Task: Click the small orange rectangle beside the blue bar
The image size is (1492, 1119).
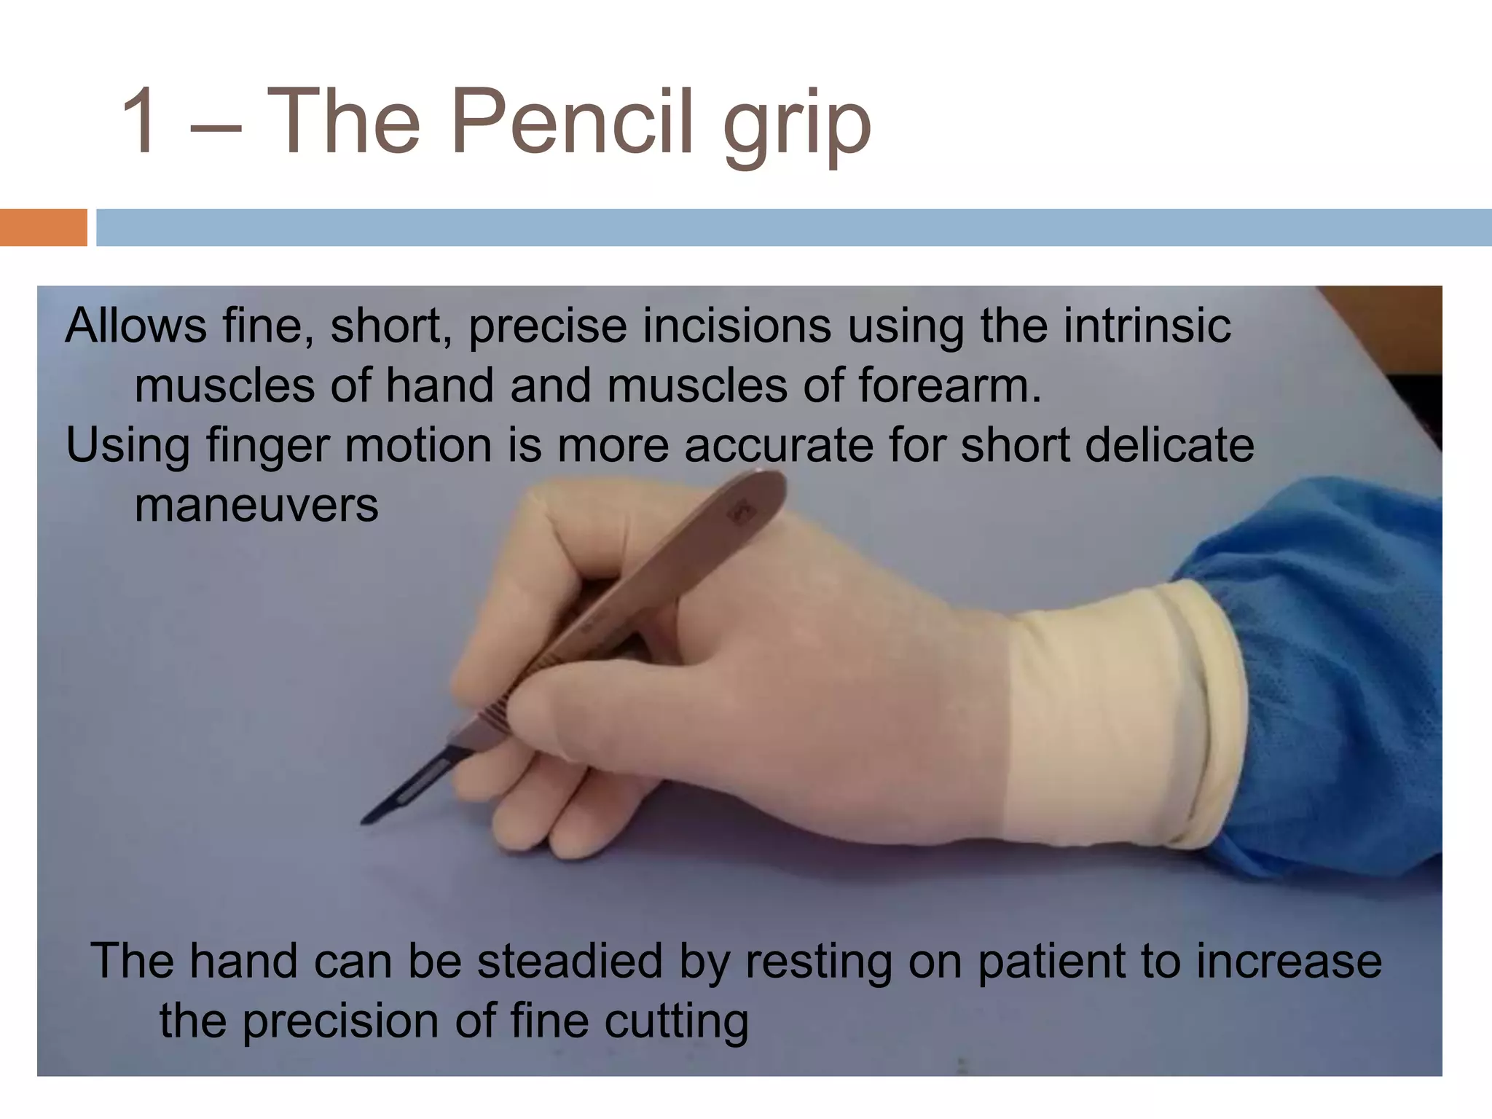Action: point(43,227)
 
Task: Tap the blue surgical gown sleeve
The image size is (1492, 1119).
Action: point(1340,656)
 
